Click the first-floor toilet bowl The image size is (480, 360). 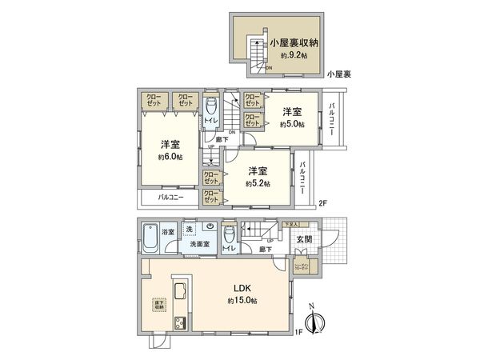[230, 234]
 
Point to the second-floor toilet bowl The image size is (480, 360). [210, 107]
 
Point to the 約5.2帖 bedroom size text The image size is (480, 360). [257, 183]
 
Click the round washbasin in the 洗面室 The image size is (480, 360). [208, 227]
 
